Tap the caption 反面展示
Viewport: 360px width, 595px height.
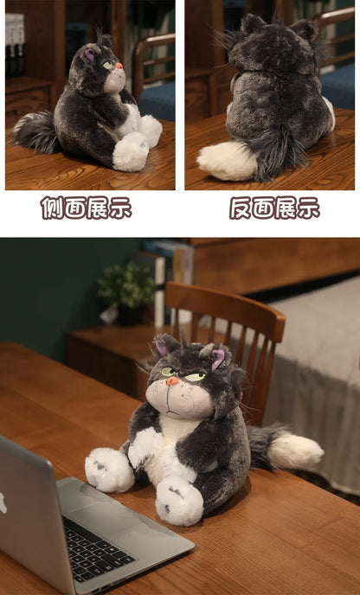point(274,208)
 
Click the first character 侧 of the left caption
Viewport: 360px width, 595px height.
point(51,208)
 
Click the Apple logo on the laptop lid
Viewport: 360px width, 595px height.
point(3,502)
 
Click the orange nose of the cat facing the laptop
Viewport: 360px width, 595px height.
point(173,381)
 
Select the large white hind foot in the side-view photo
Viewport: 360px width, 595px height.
point(131,152)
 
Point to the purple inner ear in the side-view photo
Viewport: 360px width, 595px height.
point(90,55)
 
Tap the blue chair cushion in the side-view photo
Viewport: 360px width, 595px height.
point(157,99)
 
